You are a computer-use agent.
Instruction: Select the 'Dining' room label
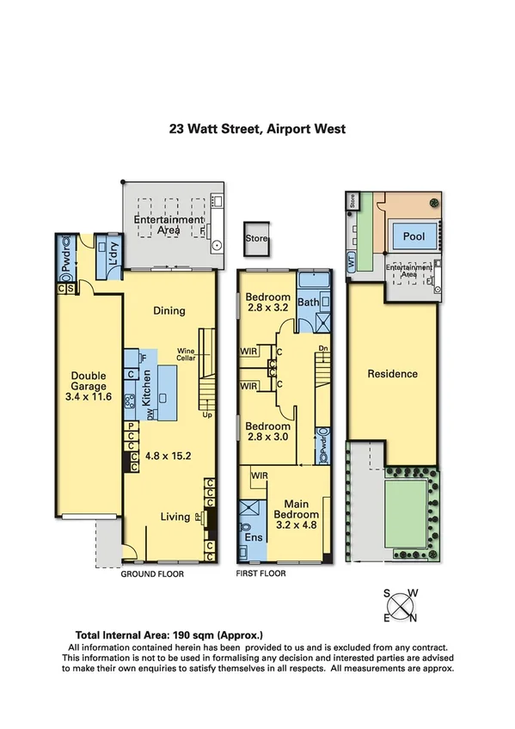tap(169, 310)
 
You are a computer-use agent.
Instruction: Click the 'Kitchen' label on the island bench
tap(147, 389)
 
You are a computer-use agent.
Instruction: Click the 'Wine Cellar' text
tap(187, 353)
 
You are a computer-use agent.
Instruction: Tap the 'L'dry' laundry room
tap(109, 247)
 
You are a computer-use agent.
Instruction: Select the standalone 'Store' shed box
tap(256, 238)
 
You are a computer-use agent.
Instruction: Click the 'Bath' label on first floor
tap(308, 303)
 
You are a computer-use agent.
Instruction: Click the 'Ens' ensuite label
tap(255, 538)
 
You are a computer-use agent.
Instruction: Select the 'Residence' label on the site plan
tap(392, 374)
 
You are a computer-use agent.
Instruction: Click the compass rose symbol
tap(401, 605)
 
